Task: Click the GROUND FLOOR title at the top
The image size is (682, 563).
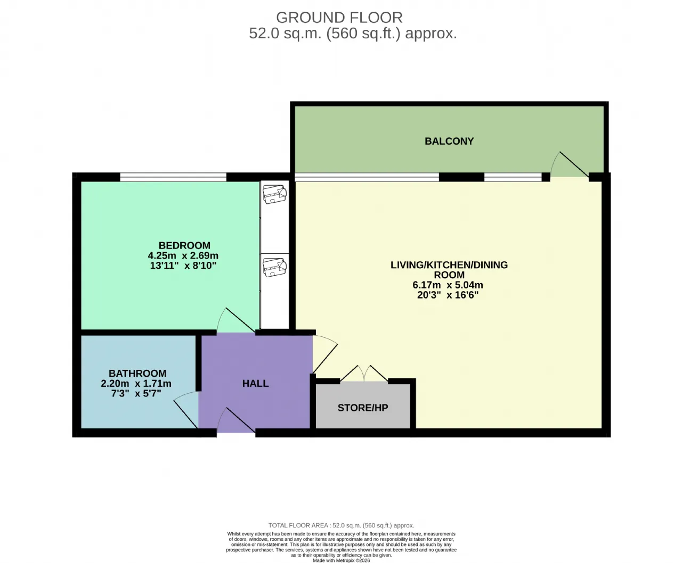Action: [x=339, y=18]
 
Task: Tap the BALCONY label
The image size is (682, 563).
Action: [x=449, y=141]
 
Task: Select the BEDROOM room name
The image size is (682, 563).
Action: [x=184, y=245]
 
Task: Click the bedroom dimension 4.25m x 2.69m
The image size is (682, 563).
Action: [x=183, y=255]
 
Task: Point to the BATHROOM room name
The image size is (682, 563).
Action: [x=137, y=373]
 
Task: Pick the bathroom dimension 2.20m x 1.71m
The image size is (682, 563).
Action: [x=136, y=383]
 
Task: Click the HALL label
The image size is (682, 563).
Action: [x=255, y=384]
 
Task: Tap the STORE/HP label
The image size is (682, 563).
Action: [x=363, y=408]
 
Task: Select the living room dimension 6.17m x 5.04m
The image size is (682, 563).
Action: [x=448, y=285]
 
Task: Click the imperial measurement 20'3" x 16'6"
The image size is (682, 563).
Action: [x=448, y=295]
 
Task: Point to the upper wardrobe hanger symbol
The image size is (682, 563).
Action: [x=275, y=194]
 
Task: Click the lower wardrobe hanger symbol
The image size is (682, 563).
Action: [x=275, y=268]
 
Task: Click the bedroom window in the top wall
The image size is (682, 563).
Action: [x=173, y=177]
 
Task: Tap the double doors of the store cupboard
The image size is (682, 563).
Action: [x=364, y=373]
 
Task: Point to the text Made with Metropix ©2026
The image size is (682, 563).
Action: [x=342, y=560]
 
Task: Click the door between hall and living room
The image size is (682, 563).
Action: [x=324, y=354]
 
